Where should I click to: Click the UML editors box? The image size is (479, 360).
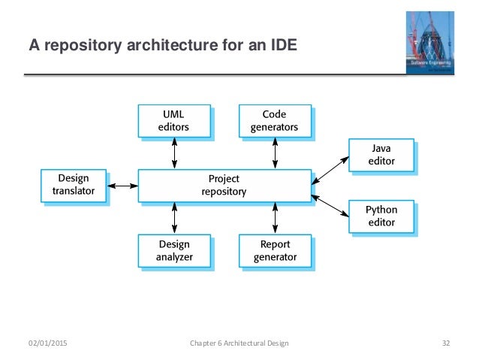pos(173,120)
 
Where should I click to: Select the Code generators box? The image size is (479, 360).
pos(274,120)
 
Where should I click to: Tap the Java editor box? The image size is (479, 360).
pos(381,154)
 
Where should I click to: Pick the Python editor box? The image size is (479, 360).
pos(381,216)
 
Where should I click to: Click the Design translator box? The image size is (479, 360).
pos(74,185)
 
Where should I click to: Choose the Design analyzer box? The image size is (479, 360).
pos(174,250)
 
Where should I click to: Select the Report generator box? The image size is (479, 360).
pos(274,250)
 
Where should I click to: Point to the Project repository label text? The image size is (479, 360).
pos(224,185)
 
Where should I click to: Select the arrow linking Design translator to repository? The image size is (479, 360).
pos(123,185)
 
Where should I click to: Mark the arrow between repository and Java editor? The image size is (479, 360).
pos(330,170)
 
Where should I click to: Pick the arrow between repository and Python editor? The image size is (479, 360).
pos(330,201)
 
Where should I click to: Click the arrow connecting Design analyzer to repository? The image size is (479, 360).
pos(174,218)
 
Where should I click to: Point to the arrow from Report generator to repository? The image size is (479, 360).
pos(275,218)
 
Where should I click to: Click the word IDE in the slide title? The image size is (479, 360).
pos(283,47)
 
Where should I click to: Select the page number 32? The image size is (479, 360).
pos(445,343)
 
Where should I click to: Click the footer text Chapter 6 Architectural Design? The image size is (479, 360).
pos(239,343)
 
